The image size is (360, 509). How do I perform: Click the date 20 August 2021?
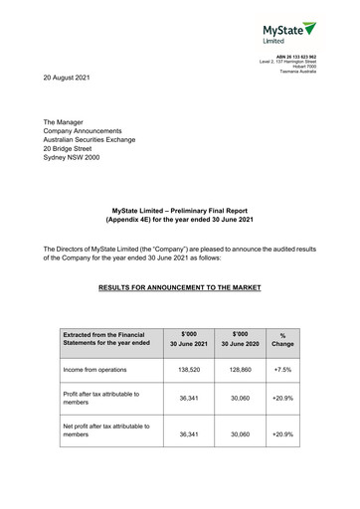[72, 77]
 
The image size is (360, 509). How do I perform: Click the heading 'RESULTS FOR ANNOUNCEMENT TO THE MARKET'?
[180, 287]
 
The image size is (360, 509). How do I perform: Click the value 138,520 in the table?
[189, 368]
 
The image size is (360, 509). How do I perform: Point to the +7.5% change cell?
[282, 368]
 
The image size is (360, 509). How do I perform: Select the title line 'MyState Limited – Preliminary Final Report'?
[183, 209]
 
